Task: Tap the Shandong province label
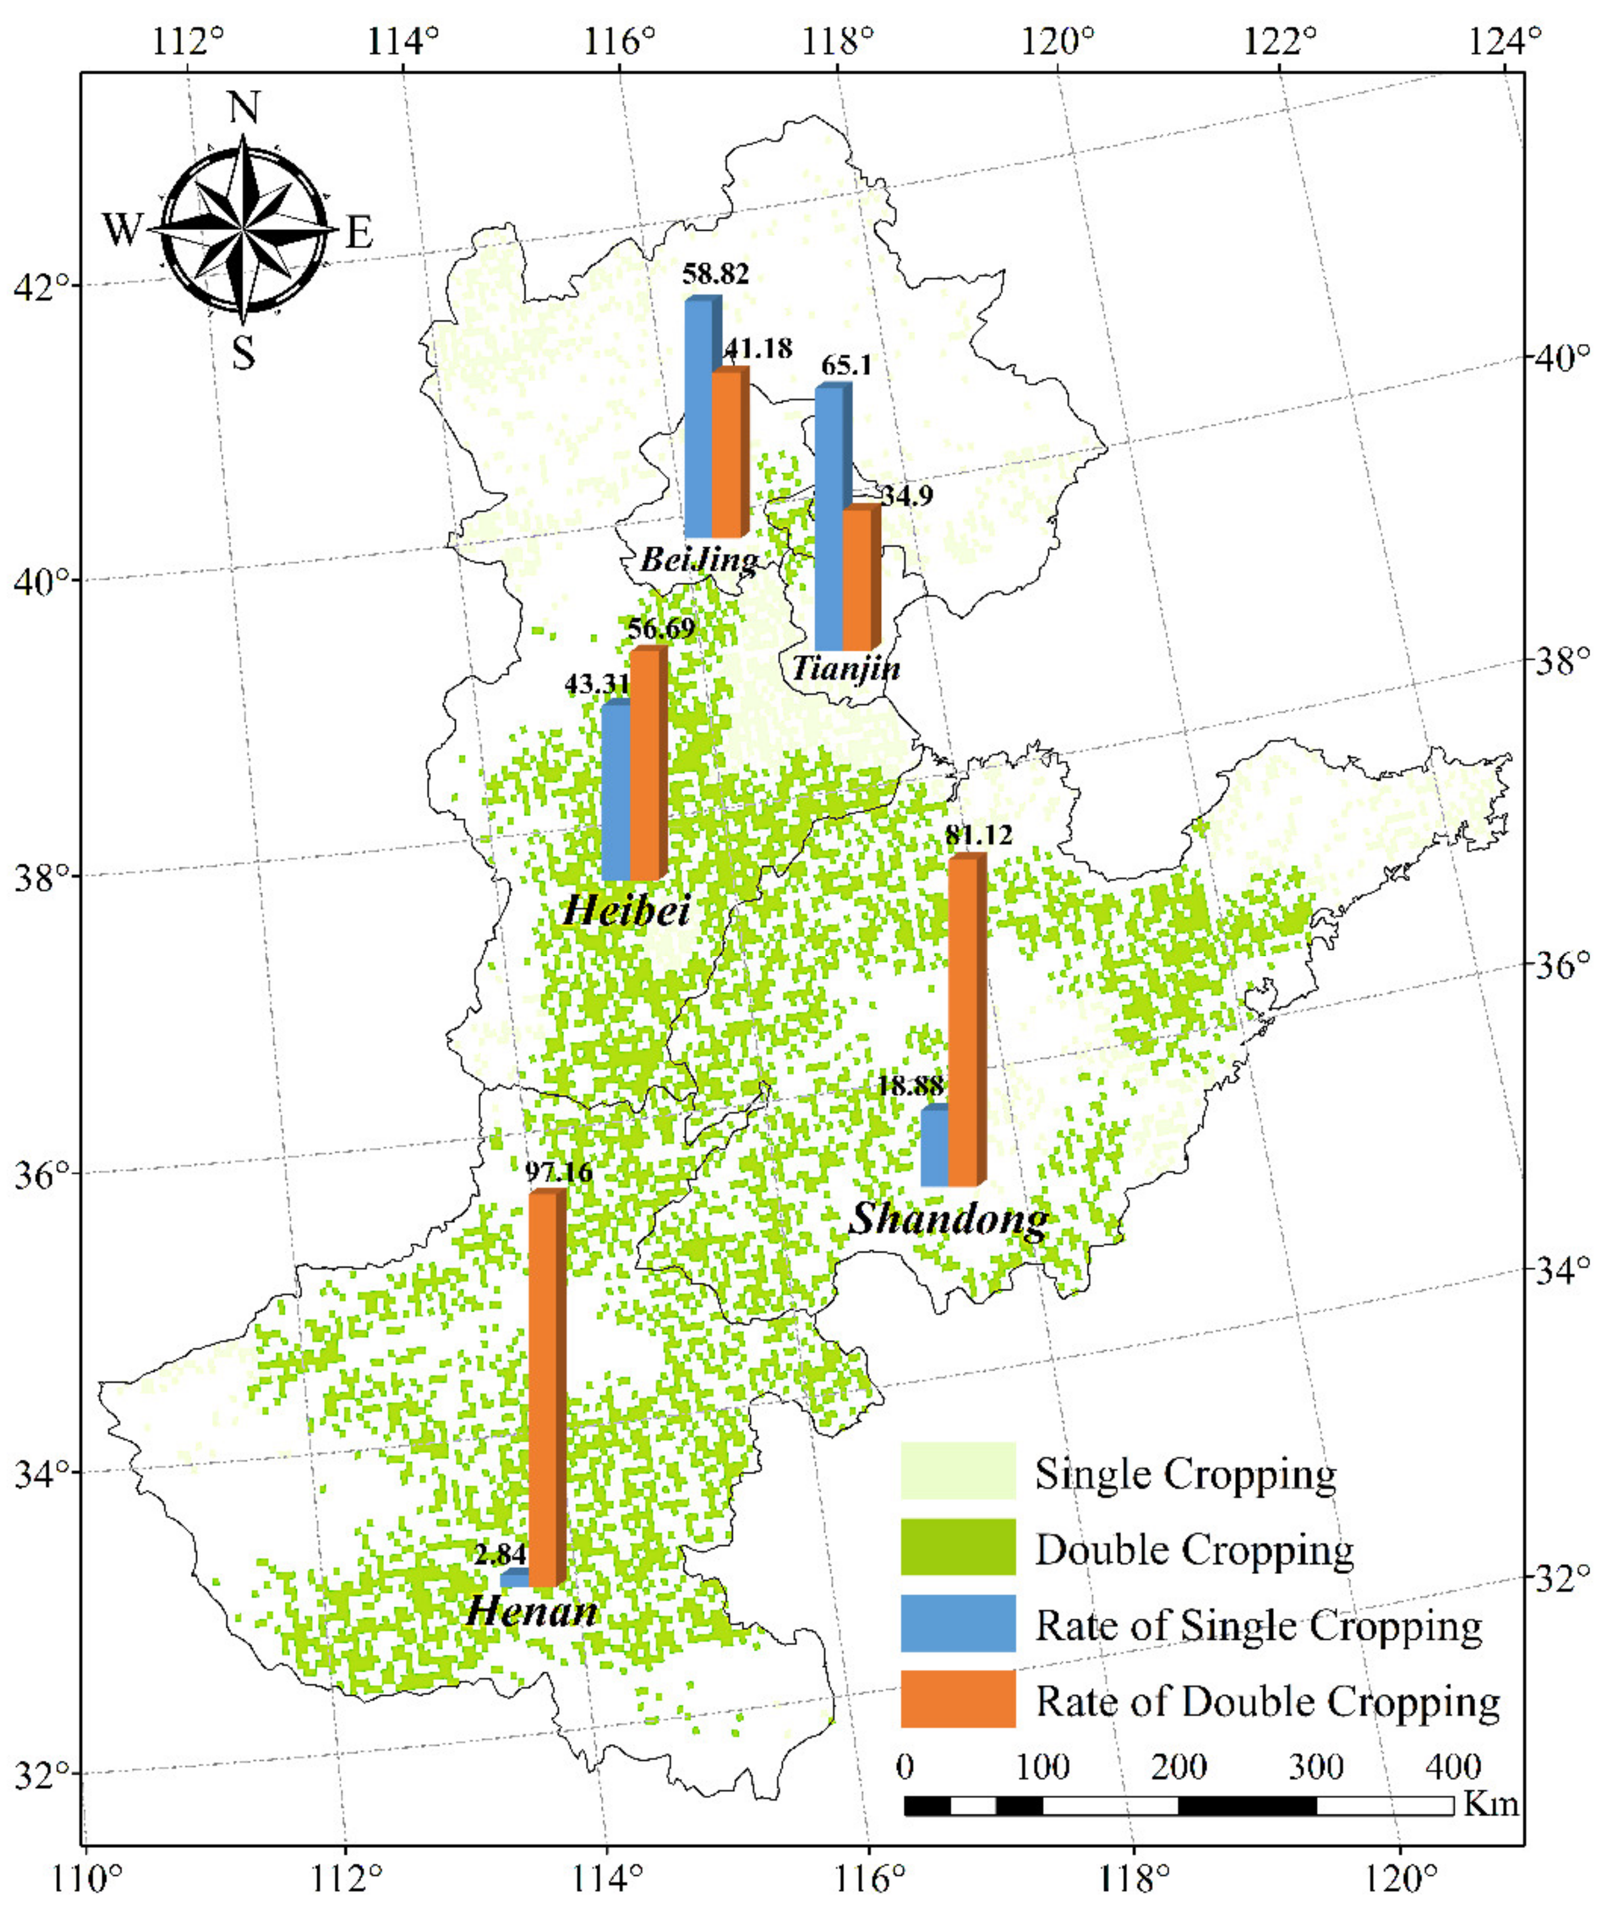tap(948, 1218)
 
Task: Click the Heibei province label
tap(626, 910)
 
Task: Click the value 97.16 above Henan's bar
tap(559, 1172)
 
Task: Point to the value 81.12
tap(980, 835)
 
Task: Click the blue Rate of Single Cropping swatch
tap(957, 1623)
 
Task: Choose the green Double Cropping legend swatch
tap(957, 1547)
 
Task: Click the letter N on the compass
tap(243, 108)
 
